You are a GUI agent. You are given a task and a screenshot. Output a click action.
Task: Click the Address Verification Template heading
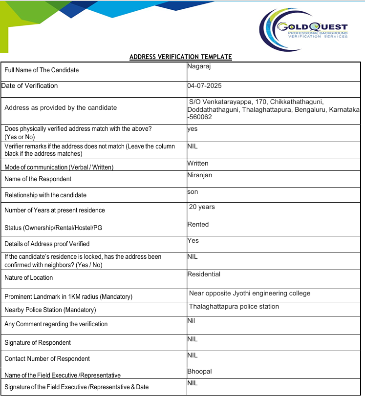(180, 57)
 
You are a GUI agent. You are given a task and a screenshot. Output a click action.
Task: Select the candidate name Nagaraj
(198, 66)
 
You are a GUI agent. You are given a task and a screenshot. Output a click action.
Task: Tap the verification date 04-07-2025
(204, 85)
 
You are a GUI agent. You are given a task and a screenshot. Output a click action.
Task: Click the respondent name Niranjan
(199, 175)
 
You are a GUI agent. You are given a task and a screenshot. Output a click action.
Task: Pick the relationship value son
(193, 192)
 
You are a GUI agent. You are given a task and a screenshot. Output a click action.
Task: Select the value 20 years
(202, 207)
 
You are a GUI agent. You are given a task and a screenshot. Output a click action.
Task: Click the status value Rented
(198, 225)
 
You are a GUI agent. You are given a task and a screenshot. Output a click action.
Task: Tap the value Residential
(204, 274)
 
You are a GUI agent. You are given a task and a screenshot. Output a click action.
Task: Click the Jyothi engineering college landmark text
(250, 293)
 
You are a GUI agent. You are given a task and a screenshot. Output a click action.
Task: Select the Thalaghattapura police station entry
(234, 307)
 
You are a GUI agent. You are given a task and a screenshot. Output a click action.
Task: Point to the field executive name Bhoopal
(199, 371)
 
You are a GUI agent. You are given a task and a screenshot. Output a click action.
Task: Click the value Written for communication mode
(198, 163)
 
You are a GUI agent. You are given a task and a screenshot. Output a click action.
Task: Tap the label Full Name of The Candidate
(42, 70)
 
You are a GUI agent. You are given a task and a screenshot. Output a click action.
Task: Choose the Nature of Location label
(28, 278)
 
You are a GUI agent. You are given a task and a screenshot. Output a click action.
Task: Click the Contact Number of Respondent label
(47, 359)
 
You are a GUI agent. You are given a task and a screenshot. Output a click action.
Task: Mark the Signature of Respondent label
(38, 343)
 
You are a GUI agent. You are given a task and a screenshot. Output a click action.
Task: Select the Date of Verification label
(30, 86)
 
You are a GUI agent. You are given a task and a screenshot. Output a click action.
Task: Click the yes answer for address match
(192, 129)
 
